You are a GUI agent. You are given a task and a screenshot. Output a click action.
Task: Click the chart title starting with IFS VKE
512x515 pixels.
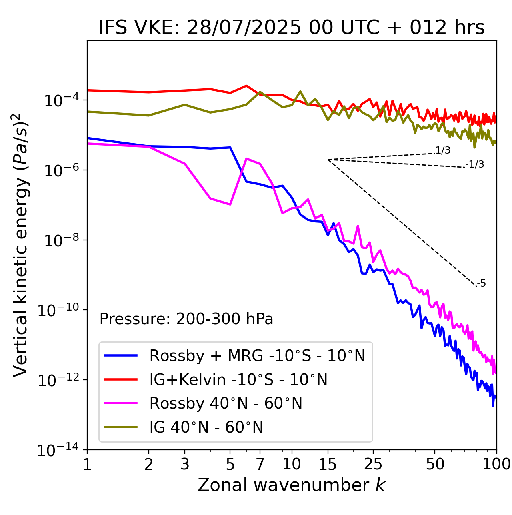(292, 28)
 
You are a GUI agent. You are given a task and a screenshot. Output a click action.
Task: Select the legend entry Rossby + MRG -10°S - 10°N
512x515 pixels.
(257, 355)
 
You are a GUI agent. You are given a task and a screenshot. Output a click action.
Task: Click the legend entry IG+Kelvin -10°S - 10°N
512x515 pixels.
(238, 379)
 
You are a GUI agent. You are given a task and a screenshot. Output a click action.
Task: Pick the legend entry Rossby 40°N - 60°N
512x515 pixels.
(226, 403)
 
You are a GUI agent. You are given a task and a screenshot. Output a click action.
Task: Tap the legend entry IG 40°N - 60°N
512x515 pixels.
(206, 427)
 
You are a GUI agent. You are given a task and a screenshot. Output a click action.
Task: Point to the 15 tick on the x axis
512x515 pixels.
(328, 464)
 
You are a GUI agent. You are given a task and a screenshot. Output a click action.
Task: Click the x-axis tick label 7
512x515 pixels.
(260, 464)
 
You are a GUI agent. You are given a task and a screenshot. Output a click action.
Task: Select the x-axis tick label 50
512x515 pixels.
(435, 464)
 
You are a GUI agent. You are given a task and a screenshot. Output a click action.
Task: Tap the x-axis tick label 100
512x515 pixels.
(496, 464)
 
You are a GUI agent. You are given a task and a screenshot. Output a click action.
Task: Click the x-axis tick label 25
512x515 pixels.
(373, 464)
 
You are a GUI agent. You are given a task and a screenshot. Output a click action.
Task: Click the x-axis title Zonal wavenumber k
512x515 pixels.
(292, 485)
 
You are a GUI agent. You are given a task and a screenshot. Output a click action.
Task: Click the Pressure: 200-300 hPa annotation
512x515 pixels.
(186, 319)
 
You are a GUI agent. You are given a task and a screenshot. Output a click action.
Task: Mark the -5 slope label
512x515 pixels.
(481, 284)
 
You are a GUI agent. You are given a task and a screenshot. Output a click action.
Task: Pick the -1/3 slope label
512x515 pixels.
(475, 164)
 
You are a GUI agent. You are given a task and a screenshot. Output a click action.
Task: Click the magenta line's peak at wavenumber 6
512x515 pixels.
(246, 158)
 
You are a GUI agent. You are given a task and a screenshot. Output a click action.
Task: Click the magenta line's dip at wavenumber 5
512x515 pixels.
(230, 204)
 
